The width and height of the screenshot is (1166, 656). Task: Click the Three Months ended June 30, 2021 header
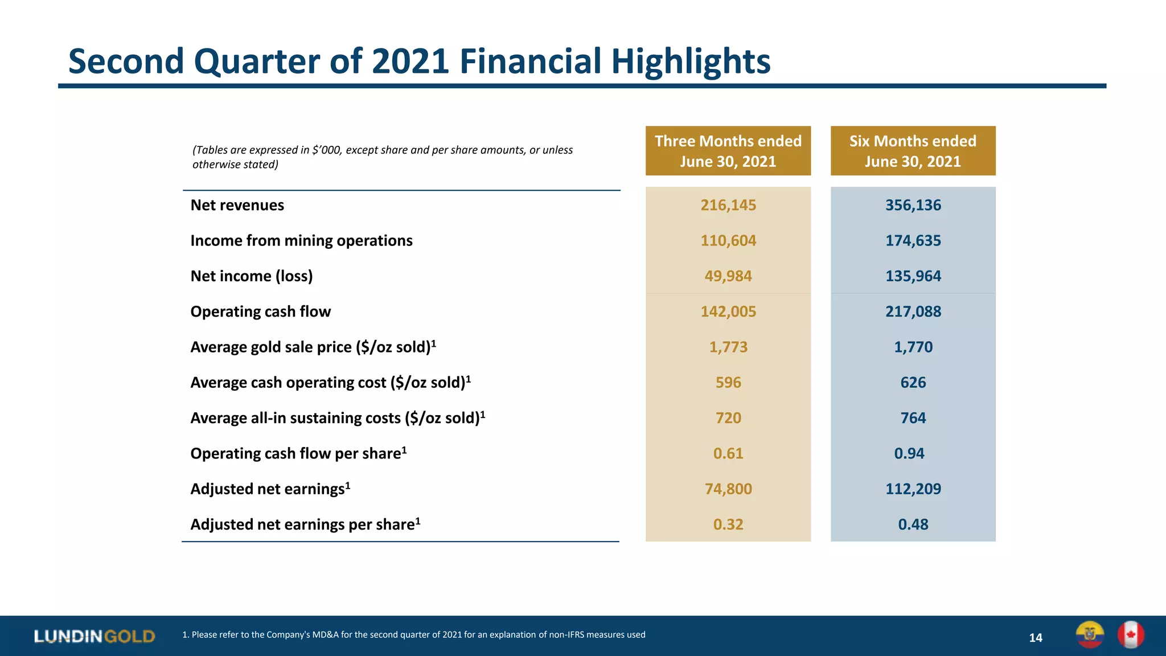click(x=728, y=151)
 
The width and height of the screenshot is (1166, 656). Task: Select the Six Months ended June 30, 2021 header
click(x=913, y=151)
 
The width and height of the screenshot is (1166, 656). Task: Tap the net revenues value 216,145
click(x=728, y=205)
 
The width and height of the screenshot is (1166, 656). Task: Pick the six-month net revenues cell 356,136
click(x=913, y=205)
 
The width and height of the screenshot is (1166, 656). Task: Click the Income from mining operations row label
click(x=301, y=240)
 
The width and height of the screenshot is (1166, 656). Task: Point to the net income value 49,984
click(x=728, y=276)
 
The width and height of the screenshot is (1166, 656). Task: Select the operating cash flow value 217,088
click(x=913, y=311)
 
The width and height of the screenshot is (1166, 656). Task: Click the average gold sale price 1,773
click(x=728, y=347)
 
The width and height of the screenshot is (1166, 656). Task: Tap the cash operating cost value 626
click(x=913, y=382)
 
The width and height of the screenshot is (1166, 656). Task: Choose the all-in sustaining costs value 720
click(x=728, y=418)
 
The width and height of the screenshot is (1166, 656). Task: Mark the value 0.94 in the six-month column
click(x=909, y=453)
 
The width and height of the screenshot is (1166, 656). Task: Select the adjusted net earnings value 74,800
click(x=728, y=489)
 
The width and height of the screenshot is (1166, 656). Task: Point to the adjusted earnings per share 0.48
click(x=913, y=524)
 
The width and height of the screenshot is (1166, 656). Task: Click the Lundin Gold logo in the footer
click(x=95, y=636)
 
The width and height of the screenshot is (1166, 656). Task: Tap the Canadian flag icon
click(x=1130, y=635)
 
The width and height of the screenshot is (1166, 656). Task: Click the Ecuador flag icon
click(x=1090, y=635)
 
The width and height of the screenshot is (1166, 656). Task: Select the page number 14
click(x=1035, y=638)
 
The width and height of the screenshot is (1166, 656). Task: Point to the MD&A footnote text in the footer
click(x=413, y=634)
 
